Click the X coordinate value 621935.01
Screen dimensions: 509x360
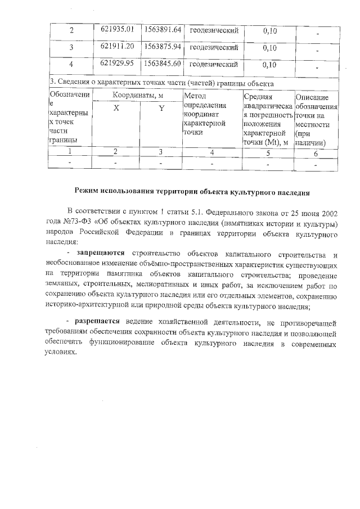click(115, 29)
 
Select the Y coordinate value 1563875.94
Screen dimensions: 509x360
click(162, 47)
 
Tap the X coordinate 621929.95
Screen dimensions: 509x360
click(115, 64)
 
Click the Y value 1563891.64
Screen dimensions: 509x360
click(162, 29)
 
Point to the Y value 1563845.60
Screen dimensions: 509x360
click(162, 64)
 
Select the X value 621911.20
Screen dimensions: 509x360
click(115, 47)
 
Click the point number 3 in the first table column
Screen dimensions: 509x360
click(71, 47)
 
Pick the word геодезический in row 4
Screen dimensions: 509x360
click(214, 64)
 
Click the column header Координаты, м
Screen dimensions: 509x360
click(138, 96)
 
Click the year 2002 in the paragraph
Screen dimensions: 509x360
click(327, 213)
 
